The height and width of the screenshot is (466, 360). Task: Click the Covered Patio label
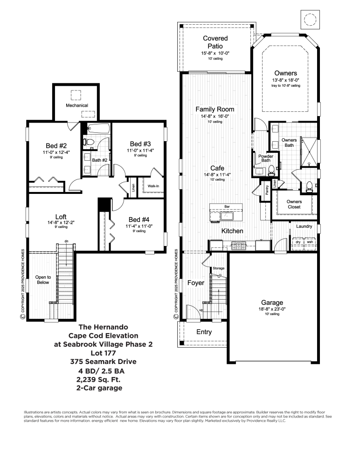(x=215, y=42)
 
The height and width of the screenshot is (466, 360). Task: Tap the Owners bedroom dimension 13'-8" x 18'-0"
(x=285, y=81)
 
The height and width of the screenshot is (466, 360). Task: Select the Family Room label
(x=215, y=109)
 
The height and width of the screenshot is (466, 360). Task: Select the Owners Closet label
(x=294, y=204)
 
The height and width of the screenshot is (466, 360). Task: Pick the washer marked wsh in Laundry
(x=309, y=242)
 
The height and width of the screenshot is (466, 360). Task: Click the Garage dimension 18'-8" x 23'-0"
(x=272, y=309)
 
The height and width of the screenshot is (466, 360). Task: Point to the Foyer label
(x=196, y=283)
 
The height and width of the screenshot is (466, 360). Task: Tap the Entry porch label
(x=204, y=332)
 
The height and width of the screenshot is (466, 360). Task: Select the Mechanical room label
(x=76, y=105)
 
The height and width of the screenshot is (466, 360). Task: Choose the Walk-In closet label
(x=153, y=185)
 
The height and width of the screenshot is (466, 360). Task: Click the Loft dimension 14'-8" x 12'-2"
(x=61, y=223)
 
